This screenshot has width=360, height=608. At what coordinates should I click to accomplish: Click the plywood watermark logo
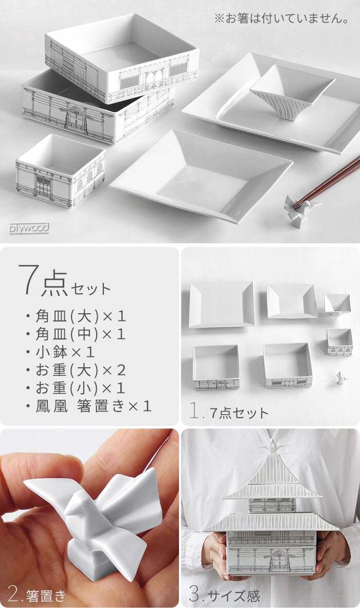click(29, 227)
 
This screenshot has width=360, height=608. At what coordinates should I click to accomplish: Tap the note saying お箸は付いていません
click(282, 19)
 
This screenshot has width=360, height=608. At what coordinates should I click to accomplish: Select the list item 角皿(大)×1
click(76, 316)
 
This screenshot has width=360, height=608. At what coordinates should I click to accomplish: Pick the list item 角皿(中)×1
click(76, 334)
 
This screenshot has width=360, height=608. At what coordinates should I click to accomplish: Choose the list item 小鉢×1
click(61, 352)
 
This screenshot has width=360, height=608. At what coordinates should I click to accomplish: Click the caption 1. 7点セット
click(229, 412)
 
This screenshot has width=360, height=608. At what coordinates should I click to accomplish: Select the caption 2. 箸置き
click(37, 594)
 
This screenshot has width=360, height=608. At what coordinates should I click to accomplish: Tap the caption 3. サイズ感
click(225, 594)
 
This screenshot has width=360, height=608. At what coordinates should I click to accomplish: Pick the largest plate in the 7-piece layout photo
click(222, 305)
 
